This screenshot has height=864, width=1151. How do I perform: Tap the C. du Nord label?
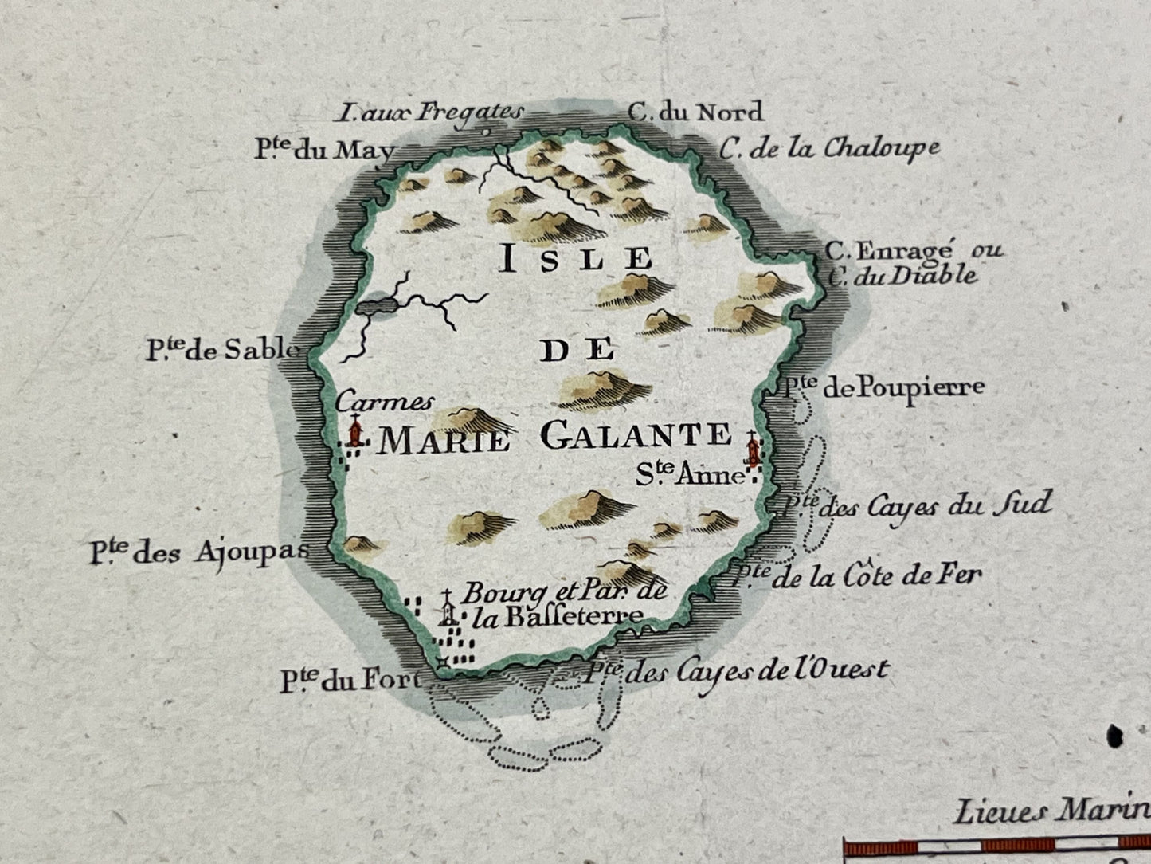(x=695, y=111)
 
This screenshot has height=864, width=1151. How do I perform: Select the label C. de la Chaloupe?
(x=829, y=148)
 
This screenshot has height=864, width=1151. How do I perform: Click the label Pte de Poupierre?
(x=882, y=387)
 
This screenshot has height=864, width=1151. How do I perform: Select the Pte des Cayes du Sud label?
(x=916, y=505)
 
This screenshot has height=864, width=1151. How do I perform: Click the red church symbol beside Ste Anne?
(x=750, y=451)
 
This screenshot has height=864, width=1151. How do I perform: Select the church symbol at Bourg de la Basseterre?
(x=448, y=611)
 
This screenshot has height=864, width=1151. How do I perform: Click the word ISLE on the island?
(x=575, y=260)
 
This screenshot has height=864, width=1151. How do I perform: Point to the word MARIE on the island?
(x=444, y=439)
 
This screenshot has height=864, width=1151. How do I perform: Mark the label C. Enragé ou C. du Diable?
(x=912, y=263)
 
